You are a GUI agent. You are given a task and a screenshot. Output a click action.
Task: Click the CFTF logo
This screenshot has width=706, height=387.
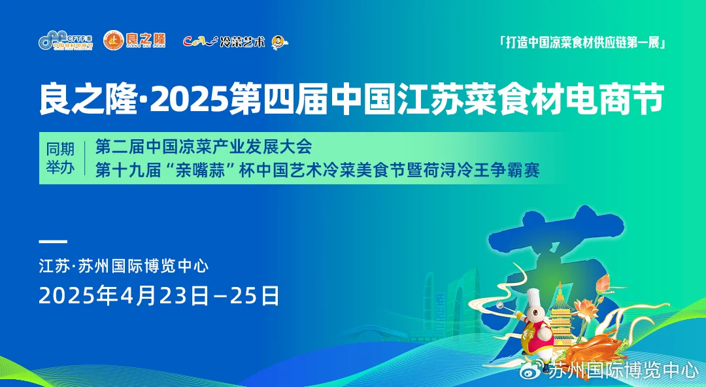click(x=65, y=41)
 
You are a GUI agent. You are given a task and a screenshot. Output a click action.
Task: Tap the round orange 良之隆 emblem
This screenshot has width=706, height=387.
click(x=113, y=41)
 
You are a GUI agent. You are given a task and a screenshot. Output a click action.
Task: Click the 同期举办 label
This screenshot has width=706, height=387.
click(x=60, y=158)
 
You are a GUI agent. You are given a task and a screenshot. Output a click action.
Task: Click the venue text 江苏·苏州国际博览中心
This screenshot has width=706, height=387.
click(x=124, y=266)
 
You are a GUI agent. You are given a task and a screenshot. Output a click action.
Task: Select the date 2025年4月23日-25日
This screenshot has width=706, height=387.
click(x=159, y=295)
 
